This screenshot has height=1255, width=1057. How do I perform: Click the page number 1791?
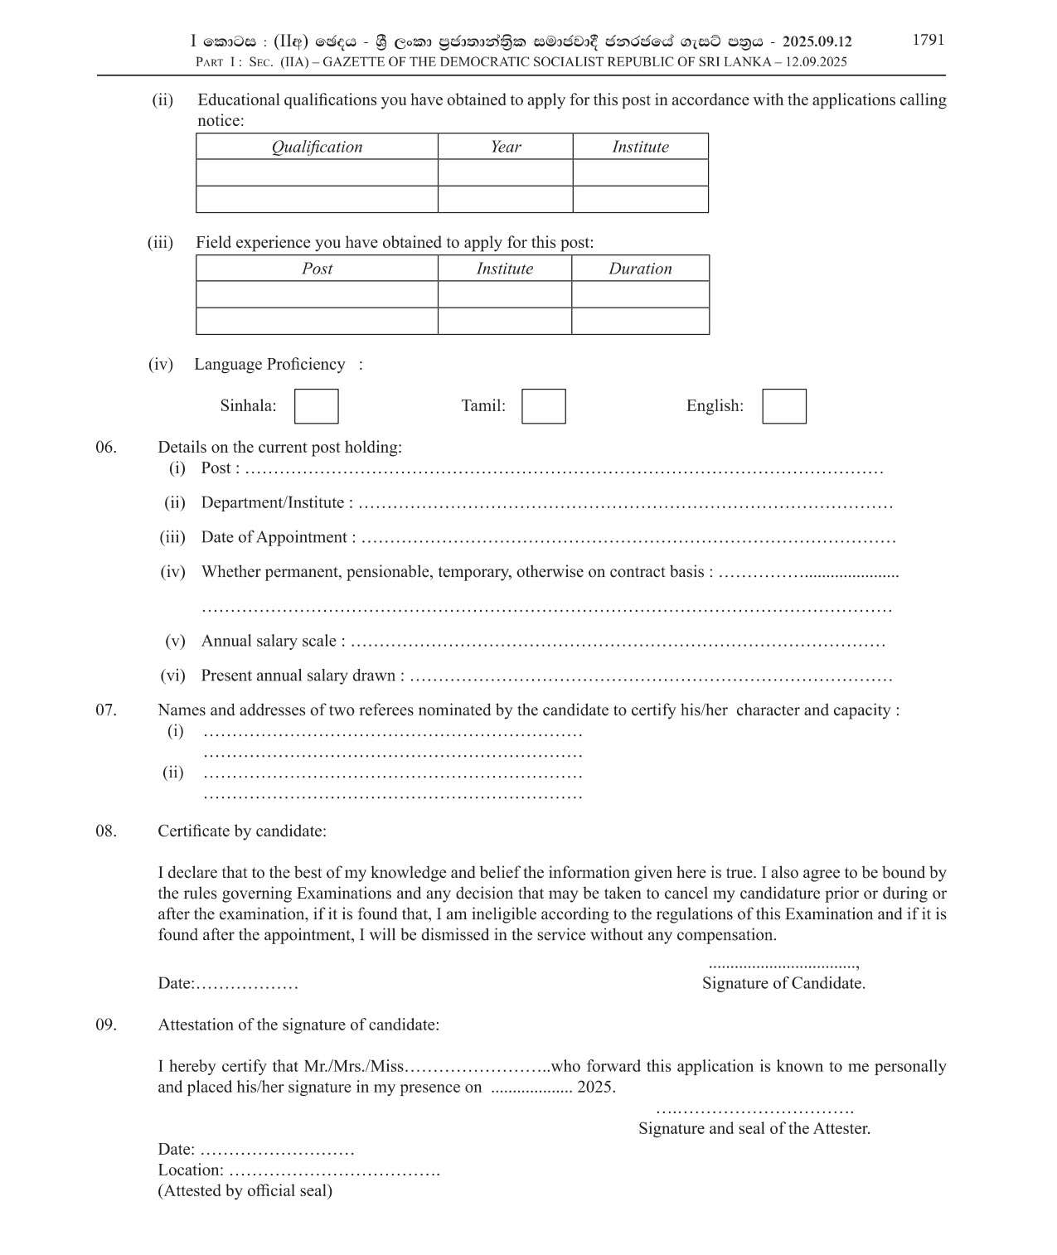click(928, 40)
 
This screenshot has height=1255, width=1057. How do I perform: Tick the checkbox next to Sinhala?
click(316, 406)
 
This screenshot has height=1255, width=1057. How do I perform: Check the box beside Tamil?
click(543, 406)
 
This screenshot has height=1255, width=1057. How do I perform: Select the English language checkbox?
click(783, 406)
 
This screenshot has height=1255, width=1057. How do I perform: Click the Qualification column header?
click(317, 147)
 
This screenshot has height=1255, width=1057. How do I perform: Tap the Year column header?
click(505, 147)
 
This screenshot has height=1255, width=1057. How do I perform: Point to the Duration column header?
click(640, 269)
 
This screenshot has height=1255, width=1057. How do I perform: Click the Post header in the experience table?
click(317, 269)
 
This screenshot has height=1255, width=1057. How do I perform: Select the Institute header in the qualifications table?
click(640, 147)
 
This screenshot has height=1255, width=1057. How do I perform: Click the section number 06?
click(106, 448)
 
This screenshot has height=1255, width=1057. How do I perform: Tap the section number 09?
click(106, 1025)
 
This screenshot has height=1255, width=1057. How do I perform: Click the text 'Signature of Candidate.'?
click(783, 983)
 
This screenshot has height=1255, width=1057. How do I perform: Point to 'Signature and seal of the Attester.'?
click(754, 1128)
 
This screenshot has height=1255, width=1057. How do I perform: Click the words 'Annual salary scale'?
click(269, 642)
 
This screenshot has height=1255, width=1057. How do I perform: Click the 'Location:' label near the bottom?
click(190, 1170)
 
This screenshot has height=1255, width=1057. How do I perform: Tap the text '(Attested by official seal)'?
click(245, 1191)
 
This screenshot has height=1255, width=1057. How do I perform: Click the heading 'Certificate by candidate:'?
click(242, 831)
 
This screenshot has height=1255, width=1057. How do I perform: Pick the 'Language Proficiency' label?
click(269, 365)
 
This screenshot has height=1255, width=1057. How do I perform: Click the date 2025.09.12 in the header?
click(817, 41)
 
